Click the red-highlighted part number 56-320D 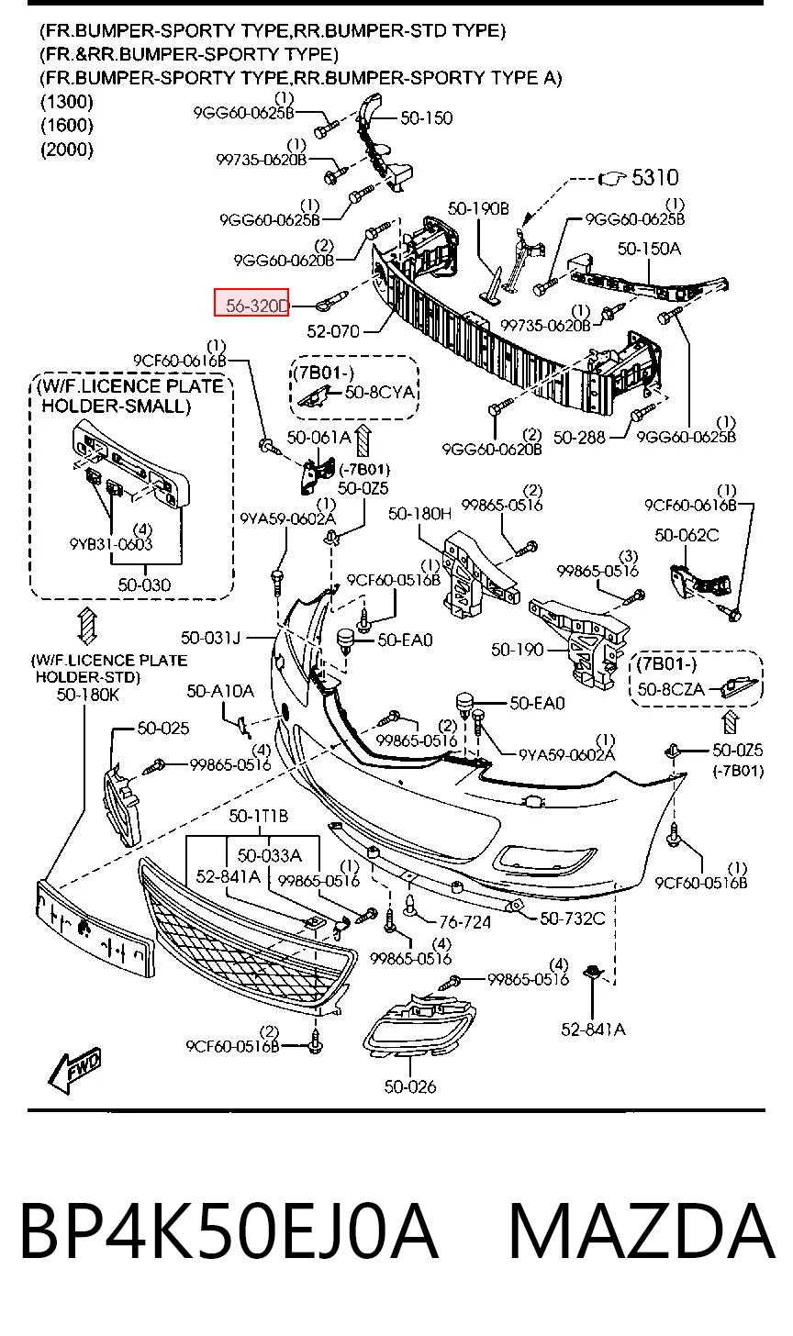[257, 306]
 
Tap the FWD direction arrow [74, 1070]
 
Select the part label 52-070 [333, 331]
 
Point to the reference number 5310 [654, 177]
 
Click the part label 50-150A [649, 248]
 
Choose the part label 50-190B [478, 208]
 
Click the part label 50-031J [210, 639]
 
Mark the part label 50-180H [419, 514]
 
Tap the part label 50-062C [687, 535]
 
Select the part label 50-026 [410, 1086]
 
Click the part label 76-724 [464, 923]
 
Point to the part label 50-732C [572, 918]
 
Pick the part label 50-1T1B [258, 816]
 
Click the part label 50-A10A [220, 691]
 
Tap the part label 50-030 [144, 584]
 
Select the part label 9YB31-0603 [111, 544]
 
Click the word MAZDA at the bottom [642, 1231]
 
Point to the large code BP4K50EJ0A [229, 1231]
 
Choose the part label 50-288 [579, 438]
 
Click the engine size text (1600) [67, 125]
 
